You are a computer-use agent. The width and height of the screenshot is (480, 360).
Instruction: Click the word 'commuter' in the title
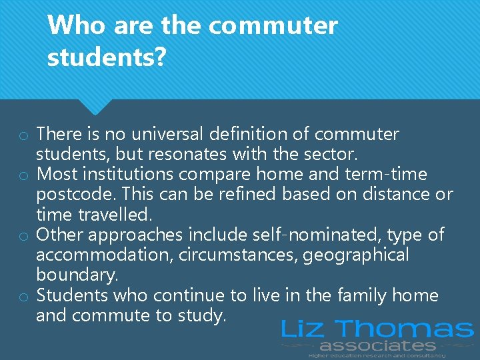pyautogui.click(x=273, y=27)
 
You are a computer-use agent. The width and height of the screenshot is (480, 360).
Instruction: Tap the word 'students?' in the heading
pyautogui.click(x=107, y=58)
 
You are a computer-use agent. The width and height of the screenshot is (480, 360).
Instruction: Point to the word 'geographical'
pyautogui.click(x=357, y=255)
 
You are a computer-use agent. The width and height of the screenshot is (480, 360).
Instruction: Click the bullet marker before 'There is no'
pyautogui.click(x=23, y=136)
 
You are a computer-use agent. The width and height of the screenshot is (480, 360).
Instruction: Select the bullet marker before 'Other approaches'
pyautogui.click(x=23, y=237)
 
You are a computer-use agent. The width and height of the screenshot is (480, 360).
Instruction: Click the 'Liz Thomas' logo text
pyautogui.click(x=377, y=329)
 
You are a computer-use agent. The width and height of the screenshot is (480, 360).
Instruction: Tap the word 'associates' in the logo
pyautogui.click(x=377, y=345)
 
